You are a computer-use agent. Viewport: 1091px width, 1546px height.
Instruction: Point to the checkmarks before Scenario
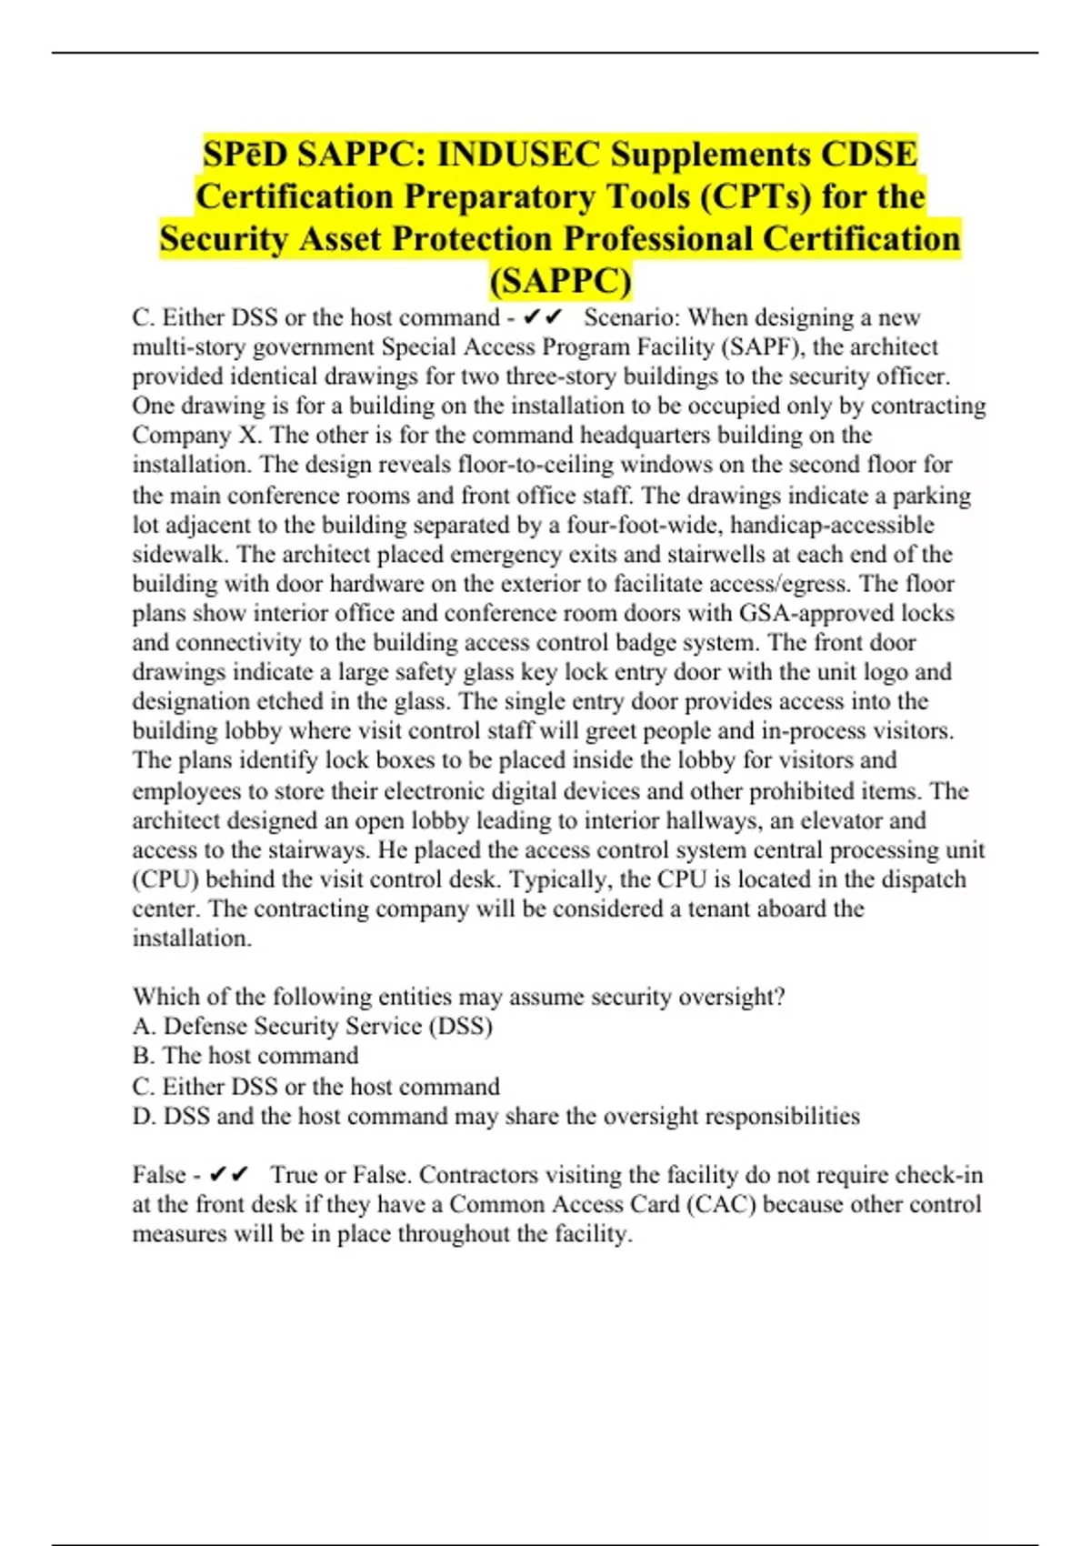544,317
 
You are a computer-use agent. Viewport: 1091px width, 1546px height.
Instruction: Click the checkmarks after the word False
228,1175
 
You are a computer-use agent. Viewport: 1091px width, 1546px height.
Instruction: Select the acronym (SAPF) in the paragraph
769,346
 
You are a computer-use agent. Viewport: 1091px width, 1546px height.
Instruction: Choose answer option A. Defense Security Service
313,1026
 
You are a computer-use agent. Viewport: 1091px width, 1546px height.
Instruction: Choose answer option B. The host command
245,1056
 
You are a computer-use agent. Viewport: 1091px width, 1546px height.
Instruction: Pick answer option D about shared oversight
495,1116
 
